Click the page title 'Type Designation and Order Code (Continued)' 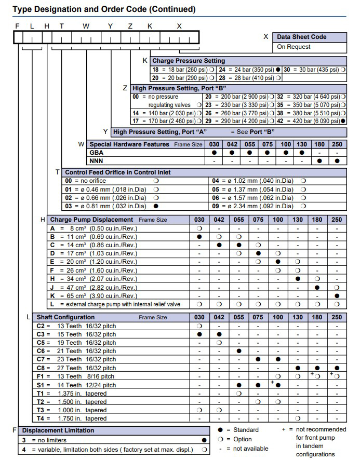click(x=104, y=9)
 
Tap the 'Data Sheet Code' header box click(x=301, y=37)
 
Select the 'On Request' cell click(x=294, y=47)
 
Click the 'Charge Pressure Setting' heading click(x=189, y=61)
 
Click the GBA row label click(x=97, y=153)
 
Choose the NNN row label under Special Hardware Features click(x=97, y=161)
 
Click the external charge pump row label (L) click(x=114, y=304)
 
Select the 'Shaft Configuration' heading click(x=65, y=317)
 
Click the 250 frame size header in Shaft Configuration click(x=337, y=317)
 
